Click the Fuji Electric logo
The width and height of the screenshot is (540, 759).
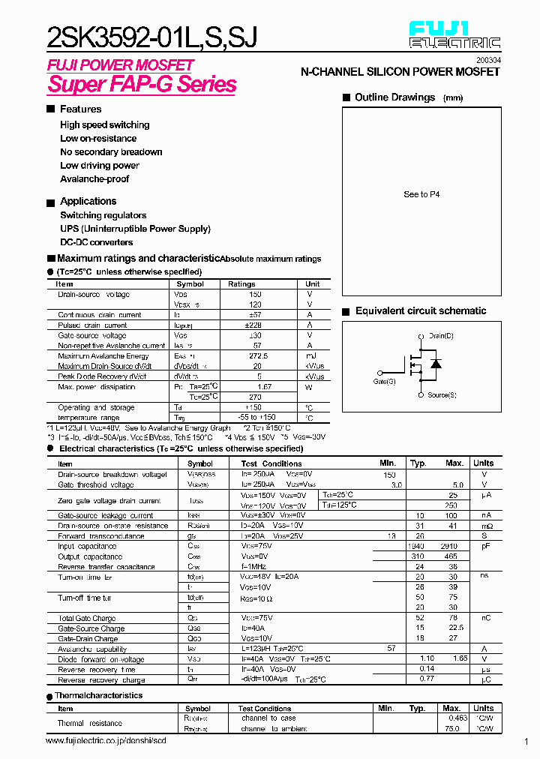[x=454, y=35]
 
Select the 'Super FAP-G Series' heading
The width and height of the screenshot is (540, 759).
[x=142, y=84]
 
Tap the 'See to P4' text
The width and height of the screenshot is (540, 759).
[x=421, y=194]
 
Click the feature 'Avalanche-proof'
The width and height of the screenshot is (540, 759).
[x=94, y=179]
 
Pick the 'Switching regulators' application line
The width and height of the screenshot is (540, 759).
[x=103, y=215]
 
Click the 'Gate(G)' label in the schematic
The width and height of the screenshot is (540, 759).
[x=385, y=382]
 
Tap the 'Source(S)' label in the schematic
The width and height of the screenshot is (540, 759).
[x=442, y=394]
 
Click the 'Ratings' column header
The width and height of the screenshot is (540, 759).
[x=241, y=284]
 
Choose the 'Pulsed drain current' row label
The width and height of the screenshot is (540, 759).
[x=92, y=325]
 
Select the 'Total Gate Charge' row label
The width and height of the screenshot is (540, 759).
[x=86, y=618]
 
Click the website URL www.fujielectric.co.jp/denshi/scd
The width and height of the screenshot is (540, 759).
[x=105, y=741]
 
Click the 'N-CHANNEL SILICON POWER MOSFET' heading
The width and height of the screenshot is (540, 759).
[x=400, y=72]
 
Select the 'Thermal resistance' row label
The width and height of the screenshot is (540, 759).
[x=89, y=723]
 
